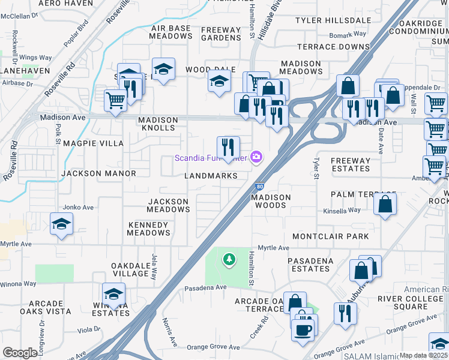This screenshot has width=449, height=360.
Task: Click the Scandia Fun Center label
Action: coord(211,158)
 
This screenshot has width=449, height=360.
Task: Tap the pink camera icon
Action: coord(257,157)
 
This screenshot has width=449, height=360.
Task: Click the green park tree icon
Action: coord(229,259)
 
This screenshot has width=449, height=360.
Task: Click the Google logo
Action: coord(20,352)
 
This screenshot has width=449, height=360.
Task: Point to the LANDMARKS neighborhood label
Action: coord(206,176)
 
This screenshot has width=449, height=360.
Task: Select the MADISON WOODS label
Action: coord(271,201)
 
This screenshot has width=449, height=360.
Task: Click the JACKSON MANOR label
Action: coord(98,173)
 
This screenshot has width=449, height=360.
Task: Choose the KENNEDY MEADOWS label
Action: coord(149,229)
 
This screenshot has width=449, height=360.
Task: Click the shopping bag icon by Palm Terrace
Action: coord(385,203)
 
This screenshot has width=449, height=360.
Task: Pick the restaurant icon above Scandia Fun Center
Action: coord(228,147)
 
